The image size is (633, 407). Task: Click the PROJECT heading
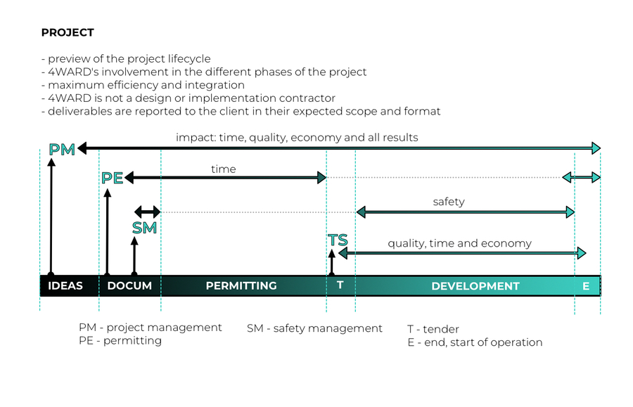[x=68, y=33]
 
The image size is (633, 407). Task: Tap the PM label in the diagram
[x=62, y=149]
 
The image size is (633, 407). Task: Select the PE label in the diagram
[x=113, y=178]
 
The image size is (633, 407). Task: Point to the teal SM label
[x=144, y=228]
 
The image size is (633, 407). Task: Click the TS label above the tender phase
[x=338, y=241]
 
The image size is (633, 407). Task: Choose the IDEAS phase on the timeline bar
[x=65, y=286]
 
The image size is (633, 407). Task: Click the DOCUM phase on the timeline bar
[x=129, y=286]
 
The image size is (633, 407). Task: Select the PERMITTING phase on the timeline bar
[x=241, y=286]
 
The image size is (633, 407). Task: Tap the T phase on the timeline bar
[x=340, y=286]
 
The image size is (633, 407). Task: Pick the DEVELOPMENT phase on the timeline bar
[x=475, y=286]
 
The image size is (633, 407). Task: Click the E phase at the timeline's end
[x=586, y=286]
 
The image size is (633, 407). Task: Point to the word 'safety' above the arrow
[x=449, y=202]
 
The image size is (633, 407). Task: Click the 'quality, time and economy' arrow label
[x=459, y=244]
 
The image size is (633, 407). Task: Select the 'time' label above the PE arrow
[x=223, y=169]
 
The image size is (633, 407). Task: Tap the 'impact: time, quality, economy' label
[x=297, y=137]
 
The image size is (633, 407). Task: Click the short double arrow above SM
[x=148, y=211]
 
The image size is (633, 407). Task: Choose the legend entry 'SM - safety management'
[x=314, y=328]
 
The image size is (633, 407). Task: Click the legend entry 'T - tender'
[x=433, y=329]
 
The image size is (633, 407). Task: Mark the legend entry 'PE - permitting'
[x=120, y=341]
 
